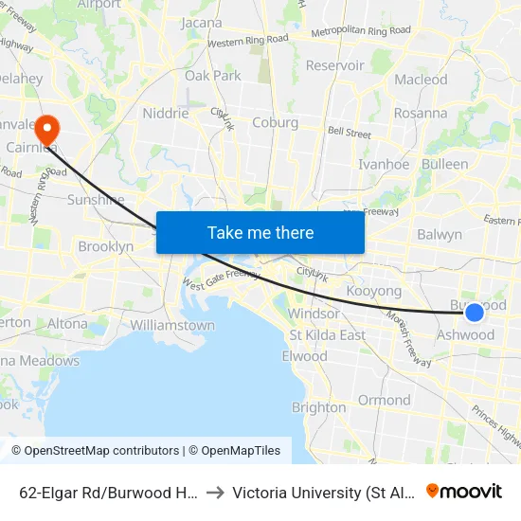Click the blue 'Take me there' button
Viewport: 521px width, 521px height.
click(260, 232)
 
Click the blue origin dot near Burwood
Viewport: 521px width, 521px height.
click(475, 311)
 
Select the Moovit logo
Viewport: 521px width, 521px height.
click(464, 491)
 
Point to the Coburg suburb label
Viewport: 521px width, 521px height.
click(275, 122)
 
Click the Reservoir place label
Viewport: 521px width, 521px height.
click(334, 65)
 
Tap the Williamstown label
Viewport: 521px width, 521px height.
click(172, 325)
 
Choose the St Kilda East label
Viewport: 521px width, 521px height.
click(328, 334)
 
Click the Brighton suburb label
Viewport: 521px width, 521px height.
click(319, 407)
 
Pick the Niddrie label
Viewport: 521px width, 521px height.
click(165, 114)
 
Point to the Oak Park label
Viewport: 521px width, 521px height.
click(213, 75)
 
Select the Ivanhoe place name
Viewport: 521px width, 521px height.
click(384, 164)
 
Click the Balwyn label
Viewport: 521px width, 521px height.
click(440, 234)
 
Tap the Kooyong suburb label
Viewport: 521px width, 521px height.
click(374, 291)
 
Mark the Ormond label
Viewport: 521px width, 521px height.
click(384, 400)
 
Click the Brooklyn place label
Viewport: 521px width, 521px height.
click(105, 246)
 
